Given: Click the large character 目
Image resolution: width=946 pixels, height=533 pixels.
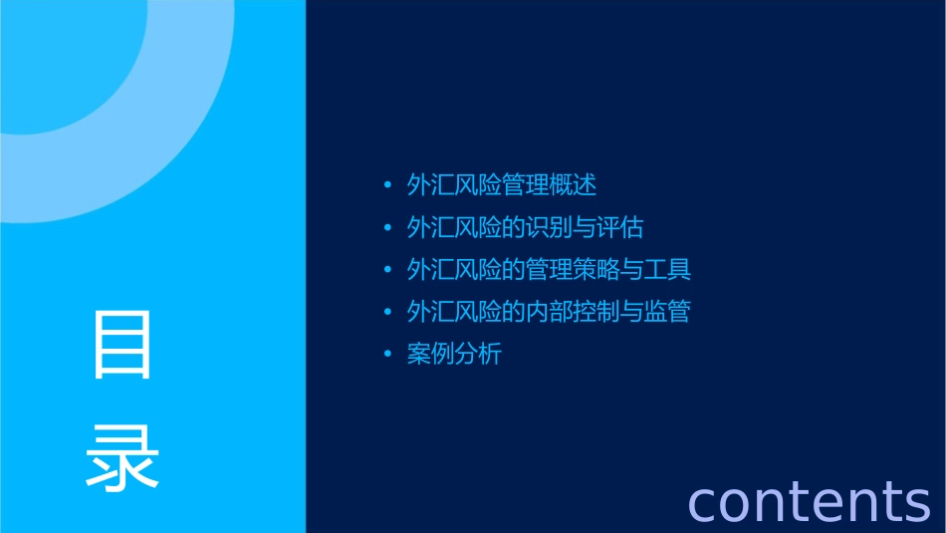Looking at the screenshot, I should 122,344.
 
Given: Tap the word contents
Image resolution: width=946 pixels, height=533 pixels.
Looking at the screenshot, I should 809,500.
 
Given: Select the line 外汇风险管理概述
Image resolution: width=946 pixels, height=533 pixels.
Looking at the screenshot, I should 501,185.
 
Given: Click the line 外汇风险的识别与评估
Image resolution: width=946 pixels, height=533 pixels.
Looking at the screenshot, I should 525,228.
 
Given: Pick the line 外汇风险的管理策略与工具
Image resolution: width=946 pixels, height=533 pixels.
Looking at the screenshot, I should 549,270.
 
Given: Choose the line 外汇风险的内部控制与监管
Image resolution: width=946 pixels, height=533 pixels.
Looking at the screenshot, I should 549,312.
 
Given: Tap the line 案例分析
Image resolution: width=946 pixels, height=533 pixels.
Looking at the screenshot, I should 454,354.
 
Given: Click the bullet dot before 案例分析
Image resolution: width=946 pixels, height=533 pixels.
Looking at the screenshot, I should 388,354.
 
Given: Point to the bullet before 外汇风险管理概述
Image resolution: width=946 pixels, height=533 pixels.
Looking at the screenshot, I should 388,185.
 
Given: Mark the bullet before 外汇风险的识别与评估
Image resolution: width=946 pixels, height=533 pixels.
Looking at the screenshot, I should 388,228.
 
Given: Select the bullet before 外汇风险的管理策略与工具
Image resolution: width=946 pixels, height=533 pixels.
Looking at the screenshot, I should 388,270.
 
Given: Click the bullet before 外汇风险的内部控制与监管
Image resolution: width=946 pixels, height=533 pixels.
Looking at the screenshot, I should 388,312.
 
